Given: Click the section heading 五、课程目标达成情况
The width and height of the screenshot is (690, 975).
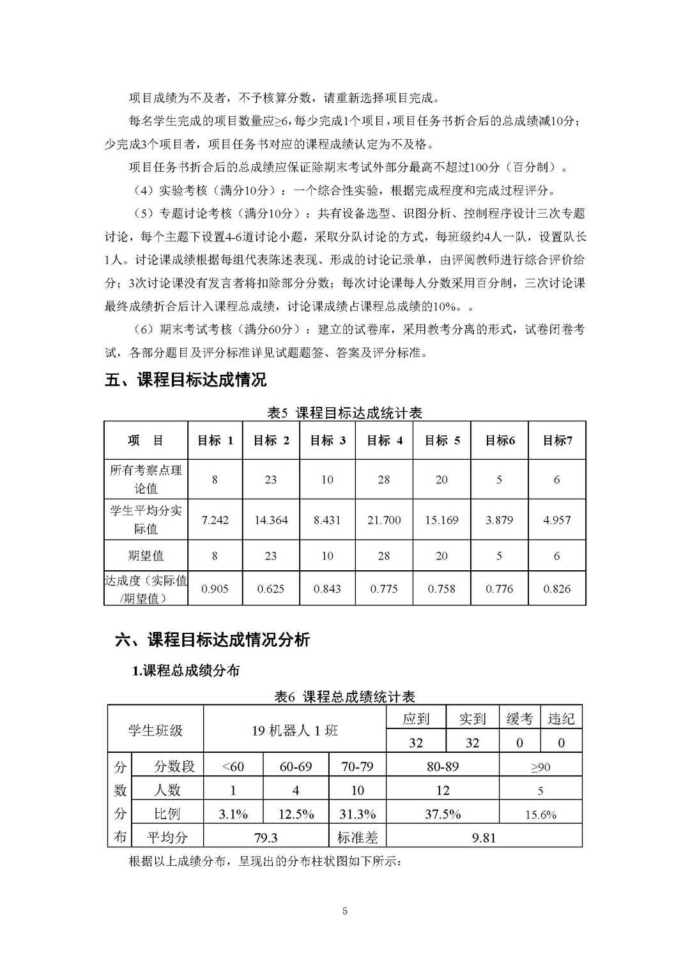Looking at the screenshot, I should pyautogui.click(x=185, y=380).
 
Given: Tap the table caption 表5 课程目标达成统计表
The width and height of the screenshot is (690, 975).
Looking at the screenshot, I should pyautogui.click(x=344, y=412).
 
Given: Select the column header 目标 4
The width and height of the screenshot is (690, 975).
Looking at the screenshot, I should pyautogui.click(x=384, y=440).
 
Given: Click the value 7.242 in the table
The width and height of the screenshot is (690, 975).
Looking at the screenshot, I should pyautogui.click(x=215, y=520).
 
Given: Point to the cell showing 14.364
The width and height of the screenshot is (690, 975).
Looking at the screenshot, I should pyautogui.click(x=271, y=520).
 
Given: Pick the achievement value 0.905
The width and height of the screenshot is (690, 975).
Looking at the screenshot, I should pyautogui.click(x=215, y=589).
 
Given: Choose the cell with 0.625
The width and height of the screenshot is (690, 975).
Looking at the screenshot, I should pyautogui.click(x=271, y=589).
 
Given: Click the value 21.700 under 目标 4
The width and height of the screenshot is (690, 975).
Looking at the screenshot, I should pyautogui.click(x=384, y=520).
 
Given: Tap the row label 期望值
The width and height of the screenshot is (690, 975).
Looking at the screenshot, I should pyautogui.click(x=146, y=556).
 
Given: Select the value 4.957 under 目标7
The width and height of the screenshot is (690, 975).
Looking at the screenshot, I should pyautogui.click(x=556, y=520).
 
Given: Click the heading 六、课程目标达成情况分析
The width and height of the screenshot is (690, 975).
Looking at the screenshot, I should pyautogui.click(x=212, y=640).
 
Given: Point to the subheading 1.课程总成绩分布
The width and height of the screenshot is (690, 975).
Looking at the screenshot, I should pyautogui.click(x=185, y=670).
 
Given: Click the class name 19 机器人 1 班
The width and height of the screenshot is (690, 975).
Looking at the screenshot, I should pyautogui.click(x=295, y=730).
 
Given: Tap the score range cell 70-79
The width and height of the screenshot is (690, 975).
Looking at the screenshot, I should pyautogui.click(x=357, y=766).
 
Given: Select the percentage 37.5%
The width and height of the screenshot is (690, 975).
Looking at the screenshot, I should pyautogui.click(x=443, y=814).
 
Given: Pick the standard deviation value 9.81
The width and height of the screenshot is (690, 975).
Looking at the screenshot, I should pyautogui.click(x=484, y=837).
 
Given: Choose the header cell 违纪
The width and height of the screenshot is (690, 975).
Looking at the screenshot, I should pyautogui.click(x=561, y=719).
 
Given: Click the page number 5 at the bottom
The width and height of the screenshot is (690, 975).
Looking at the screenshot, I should pyautogui.click(x=345, y=911).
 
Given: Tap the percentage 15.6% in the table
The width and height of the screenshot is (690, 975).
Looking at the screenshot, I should pyautogui.click(x=540, y=815).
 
